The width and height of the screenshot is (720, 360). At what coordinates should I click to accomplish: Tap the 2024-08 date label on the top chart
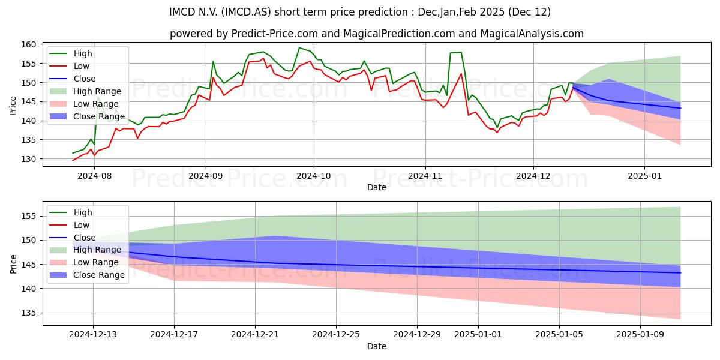(95, 176)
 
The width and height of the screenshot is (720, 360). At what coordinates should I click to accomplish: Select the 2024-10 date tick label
(314, 176)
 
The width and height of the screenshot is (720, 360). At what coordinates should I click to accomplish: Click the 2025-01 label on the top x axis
(644, 176)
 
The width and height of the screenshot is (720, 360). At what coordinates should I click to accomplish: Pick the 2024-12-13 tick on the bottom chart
(93, 334)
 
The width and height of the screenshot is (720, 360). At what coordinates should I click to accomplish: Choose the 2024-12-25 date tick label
(336, 334)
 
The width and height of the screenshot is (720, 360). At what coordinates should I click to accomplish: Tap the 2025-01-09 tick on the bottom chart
(640, 334)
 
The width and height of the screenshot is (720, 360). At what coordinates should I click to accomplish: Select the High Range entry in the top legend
(85, 91)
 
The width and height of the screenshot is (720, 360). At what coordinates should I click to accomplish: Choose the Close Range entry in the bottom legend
(87, 275)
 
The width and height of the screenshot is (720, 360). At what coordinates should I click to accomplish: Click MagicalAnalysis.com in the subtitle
(532, 34)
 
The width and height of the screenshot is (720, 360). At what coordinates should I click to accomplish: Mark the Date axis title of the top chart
(377, 187)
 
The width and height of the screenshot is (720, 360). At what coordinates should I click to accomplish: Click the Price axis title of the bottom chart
(13, 264)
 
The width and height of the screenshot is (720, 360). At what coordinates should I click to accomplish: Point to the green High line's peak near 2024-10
(299, 48)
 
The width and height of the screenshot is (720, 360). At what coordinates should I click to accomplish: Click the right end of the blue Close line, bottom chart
(680, 273)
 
